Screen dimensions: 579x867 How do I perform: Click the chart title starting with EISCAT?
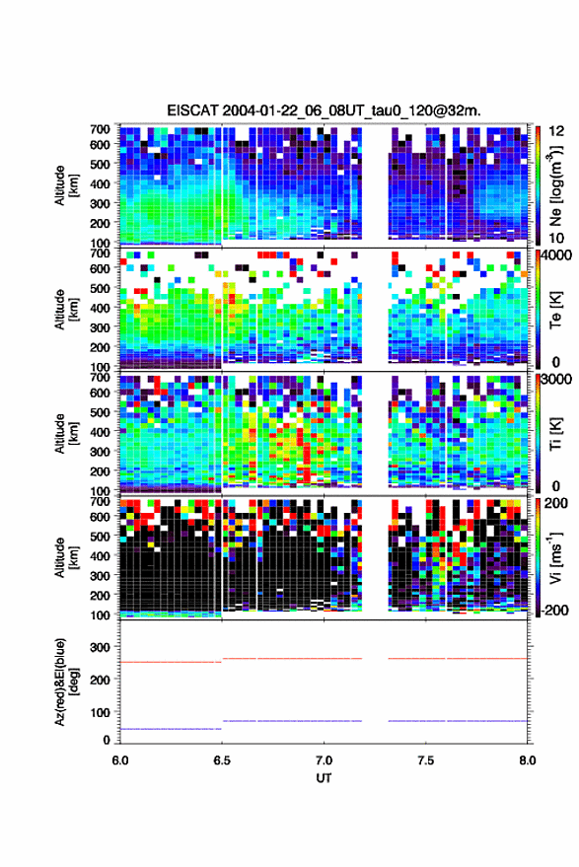[324, 110]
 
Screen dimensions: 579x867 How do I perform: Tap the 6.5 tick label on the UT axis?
[222, 760]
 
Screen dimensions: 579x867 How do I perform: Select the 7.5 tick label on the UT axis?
[425, 760]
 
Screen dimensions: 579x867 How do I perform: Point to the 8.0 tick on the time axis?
[527, 760]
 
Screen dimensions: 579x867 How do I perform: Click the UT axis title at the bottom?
[324, 778]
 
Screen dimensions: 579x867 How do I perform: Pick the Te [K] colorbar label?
[555, 310]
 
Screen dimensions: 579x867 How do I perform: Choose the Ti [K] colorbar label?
[555, 434]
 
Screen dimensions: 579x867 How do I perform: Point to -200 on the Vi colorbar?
[552, 611]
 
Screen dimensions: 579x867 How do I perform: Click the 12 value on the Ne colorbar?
[555, 131]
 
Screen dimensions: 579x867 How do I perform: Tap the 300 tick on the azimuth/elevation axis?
[100, 647]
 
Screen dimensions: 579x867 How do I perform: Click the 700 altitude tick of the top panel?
[100, 129]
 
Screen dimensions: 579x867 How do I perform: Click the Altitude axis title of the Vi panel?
[66, 557]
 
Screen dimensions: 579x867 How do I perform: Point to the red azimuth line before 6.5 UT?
[171, 662]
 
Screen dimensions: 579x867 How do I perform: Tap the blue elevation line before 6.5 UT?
[171, 729]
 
